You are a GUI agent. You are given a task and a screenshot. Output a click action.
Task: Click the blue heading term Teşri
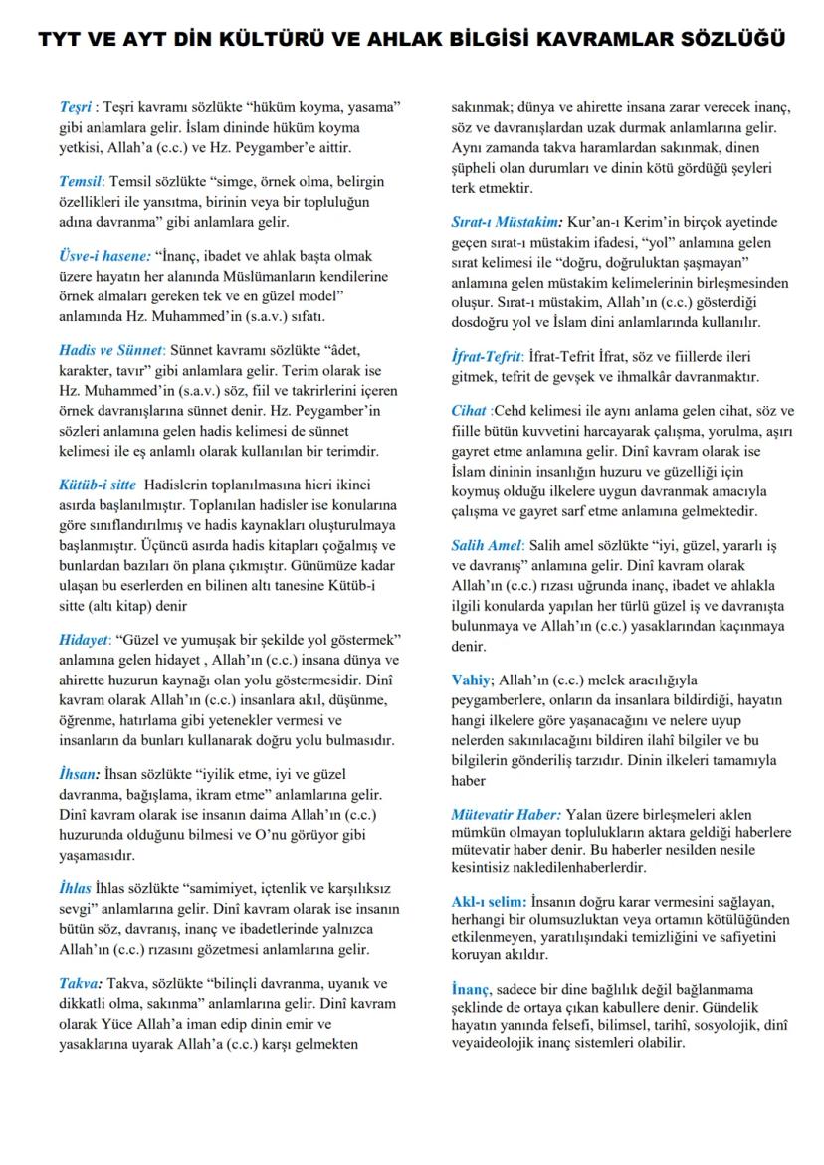coord(76,105)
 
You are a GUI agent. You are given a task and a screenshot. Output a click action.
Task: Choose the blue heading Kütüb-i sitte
coord(98,485)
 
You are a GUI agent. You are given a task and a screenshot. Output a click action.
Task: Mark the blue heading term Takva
coord(80,983)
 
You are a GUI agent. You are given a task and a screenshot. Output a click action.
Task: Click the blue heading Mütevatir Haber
coord(506,814)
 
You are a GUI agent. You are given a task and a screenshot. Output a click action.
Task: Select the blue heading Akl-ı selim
coord(489,901)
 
